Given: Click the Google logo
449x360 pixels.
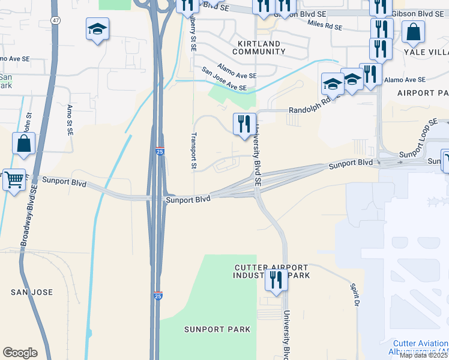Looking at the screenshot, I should coord(20,353).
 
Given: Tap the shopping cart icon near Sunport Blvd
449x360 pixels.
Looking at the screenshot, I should coord(14,179).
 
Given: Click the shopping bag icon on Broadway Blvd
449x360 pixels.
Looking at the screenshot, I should coord(23,144).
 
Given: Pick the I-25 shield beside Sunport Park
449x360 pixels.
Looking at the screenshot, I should coord(158,296).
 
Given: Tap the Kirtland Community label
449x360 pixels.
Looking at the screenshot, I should coord(259,48).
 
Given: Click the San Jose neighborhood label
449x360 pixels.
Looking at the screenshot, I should coord(32,292).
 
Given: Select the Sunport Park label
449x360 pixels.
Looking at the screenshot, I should coord(209,329).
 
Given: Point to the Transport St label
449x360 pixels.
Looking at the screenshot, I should coord(194,150).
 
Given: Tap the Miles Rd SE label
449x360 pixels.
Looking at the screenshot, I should coord(324,25).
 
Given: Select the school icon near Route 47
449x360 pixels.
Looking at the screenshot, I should coord(97,30).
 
